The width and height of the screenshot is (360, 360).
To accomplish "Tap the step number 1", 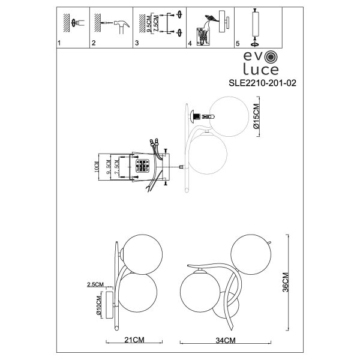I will pos(58,44).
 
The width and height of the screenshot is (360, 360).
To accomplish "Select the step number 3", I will pos(137,44).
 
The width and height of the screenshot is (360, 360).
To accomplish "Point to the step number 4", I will pos(190,44).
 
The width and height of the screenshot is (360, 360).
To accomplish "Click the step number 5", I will pos(238,44).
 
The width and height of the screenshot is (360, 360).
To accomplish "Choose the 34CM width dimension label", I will pos(224,340).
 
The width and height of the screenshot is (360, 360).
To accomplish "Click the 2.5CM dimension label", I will pos(95,284).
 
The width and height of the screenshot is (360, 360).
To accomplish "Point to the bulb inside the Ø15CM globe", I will pos(206,116).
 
